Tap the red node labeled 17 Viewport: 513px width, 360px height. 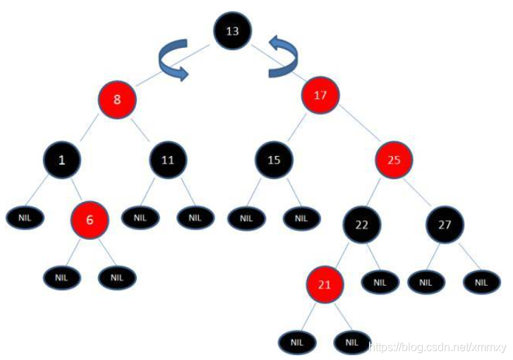[x=320, y=94]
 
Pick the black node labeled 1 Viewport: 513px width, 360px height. [x=62, y=160]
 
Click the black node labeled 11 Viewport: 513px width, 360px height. [x=167, y=160]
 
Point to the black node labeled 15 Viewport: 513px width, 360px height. [x=274, y=160]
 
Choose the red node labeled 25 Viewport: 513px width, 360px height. [x=394, y=160]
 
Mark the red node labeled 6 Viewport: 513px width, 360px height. [x=90, y=220]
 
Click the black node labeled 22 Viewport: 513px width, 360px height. [x=362, y=225]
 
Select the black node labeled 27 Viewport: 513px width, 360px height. [x=445, y=225]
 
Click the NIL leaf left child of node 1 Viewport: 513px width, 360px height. [x=25, y=217]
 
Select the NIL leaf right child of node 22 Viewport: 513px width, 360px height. [x=380, y=282]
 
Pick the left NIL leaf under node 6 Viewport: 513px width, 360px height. [x=62, y=277]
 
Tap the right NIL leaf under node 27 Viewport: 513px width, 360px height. [x=482, y=282]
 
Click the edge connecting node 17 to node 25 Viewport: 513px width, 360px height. [x=358, y=128]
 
